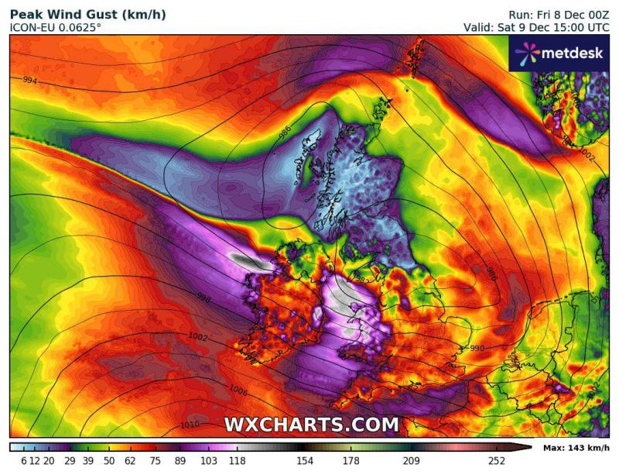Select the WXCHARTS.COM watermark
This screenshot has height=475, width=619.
(x=312, y=425)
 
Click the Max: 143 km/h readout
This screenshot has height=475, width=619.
(x=576, y=448)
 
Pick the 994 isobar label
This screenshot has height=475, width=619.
(x=30, y=81)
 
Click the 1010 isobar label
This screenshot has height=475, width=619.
(x=190, y=425)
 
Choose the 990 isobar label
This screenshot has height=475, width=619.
(x=477, y=349)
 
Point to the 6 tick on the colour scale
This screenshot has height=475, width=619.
(x=24, y=461)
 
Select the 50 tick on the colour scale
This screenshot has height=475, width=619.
(x=109, y=461)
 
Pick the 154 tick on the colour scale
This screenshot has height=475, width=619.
(x=301, y=461)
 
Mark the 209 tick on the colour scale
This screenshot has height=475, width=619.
(x=410, y=461)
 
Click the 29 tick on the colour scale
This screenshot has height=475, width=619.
(x=68, y=461)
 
